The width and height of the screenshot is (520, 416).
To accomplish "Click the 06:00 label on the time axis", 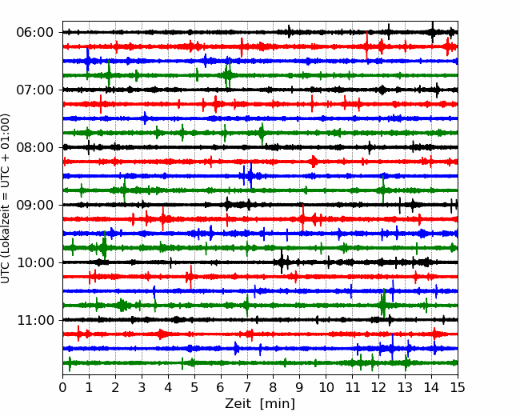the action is point(35,33).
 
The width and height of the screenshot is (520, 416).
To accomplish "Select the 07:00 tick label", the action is point(35,90).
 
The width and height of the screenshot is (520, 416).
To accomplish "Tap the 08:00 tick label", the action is point(35,147).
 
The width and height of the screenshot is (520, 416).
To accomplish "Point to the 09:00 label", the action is point(35,205).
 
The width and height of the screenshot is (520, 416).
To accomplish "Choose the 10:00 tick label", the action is point(35,262).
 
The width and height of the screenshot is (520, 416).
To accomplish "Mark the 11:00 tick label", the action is point(35,320).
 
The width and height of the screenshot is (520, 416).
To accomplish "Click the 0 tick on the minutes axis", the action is point(62,387).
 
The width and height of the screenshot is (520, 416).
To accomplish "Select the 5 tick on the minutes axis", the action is point(194,387).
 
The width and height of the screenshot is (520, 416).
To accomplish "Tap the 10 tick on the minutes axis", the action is point(326,387).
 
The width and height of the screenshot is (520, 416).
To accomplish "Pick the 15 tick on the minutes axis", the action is point(458,387).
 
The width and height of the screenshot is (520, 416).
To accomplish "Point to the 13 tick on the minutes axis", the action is point(405,387).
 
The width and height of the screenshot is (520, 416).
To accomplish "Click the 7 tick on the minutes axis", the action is point(247,387).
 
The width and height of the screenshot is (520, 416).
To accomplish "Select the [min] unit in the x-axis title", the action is point(278,404).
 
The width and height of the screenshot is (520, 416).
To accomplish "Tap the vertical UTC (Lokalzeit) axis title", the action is point(6,198).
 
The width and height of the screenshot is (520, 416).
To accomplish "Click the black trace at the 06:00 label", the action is point(260,32).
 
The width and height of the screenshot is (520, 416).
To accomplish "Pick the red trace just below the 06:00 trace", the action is point(260,46).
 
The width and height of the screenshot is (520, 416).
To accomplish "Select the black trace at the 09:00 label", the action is point(260,205).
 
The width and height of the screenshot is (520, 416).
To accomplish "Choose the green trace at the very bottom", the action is point(260,363).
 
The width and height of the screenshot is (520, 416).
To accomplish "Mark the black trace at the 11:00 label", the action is point(260,320).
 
